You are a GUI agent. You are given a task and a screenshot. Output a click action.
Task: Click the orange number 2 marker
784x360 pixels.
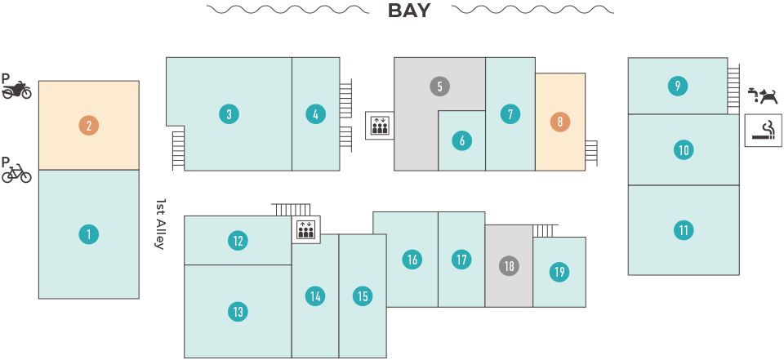[x=88, y=126]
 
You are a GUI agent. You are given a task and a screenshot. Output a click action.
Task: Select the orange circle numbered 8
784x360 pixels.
[x=559, y=122]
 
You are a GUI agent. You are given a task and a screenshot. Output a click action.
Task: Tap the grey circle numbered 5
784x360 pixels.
[x=439, y=86]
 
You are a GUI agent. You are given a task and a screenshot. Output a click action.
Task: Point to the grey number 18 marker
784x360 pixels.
[x=509, y=266]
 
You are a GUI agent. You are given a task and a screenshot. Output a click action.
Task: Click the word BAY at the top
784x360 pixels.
[x=408, y=11]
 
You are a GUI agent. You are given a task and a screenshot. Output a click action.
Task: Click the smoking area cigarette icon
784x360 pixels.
[x=764, y=131]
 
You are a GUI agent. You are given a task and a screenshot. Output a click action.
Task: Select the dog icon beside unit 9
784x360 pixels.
[x=765, y=97]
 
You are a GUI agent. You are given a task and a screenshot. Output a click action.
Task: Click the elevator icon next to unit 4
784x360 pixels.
[x=380, y=126]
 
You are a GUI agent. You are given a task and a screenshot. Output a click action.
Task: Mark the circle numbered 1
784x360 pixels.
[x=88, y=235]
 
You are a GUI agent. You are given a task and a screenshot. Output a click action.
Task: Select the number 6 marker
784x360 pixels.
[x=461, y=140]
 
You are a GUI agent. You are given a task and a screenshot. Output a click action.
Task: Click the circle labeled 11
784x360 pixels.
[x=684, y=230]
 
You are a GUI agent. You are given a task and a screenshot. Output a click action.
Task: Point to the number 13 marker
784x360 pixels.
[x=237, y=311]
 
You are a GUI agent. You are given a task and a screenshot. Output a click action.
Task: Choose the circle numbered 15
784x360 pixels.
[x=363, y=296]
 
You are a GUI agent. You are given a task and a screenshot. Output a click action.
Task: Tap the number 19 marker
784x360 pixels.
[x=559, y=272]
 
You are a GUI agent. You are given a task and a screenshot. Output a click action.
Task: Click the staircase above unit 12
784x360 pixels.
[x=290, y=209]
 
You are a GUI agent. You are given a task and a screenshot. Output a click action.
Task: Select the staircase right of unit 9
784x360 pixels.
[x=733, y=85]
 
